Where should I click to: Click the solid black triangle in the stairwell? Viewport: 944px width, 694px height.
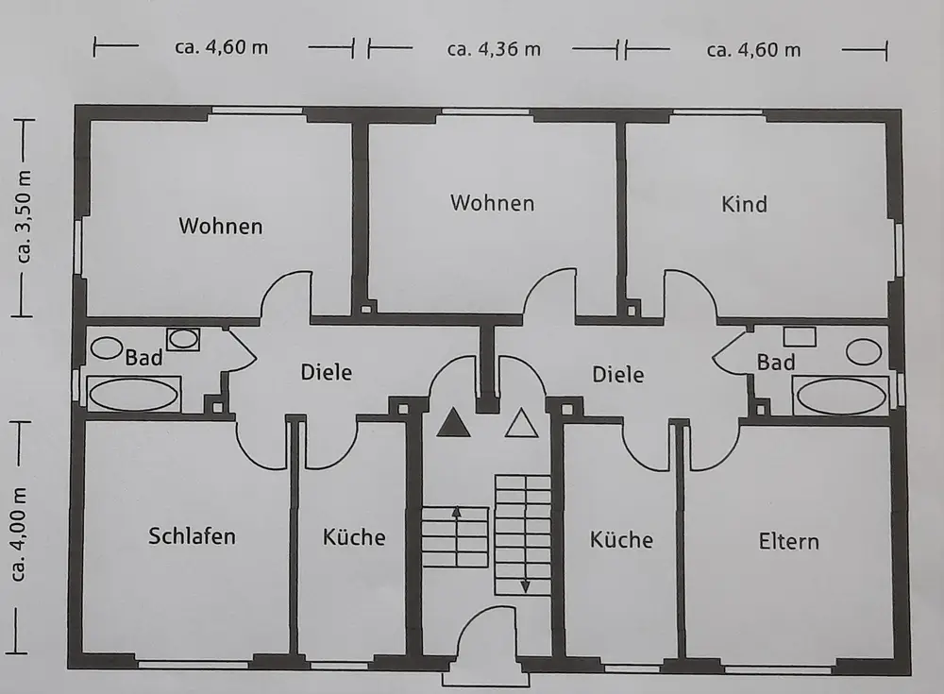[x=454, y=423]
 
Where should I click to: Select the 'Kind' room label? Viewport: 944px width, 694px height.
[x=744, y=204]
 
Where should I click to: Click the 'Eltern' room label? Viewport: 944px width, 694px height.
[x=788, y=542]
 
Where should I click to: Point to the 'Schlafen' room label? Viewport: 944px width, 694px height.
[x=192, y=536]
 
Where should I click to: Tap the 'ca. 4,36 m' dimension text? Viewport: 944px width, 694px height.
[x=494, y=49]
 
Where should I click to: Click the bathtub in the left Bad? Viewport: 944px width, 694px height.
[x=133, y=394]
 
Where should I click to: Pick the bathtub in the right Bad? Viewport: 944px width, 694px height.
[x=840, y=395]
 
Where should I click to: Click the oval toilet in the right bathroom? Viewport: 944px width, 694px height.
[x=863, y=351]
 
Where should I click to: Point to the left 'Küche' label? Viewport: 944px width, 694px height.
[x=354, y=537]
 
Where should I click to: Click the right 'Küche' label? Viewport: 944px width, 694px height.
[x=621, y=540]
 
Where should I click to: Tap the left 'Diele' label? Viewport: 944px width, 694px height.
[x=326, y=372]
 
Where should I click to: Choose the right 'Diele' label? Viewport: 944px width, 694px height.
[x=617, y=375]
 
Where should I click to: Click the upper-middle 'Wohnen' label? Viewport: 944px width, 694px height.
[x=492, y=203]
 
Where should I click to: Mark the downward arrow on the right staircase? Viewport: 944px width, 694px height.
[x=525, y=585]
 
